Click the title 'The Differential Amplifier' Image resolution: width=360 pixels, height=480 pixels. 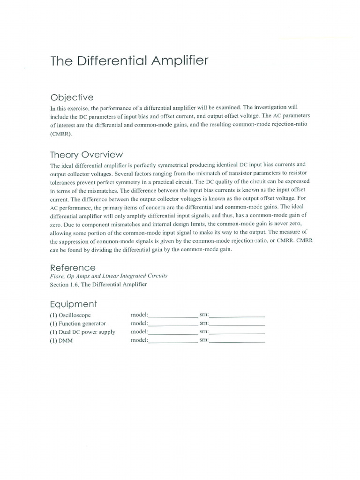pyautogui.click(x=129, y=61)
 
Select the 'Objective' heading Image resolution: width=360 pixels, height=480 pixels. pyautogui.click(x=72, y=97)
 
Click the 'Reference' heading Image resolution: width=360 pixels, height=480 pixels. pyautogui.click(x=73, y=268)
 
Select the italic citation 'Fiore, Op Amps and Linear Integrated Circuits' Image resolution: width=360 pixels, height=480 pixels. pyautogui.click(x=108, y=276)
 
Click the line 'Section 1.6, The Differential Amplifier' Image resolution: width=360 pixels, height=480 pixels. pyautogui.click(x=98, y=285)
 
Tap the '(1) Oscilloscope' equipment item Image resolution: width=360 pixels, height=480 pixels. pyautogui.click(x=71, y=315)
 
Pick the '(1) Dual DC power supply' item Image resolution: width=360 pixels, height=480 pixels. pyautogui.click(x=82, y=332)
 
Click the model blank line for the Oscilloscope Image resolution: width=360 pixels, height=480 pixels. pyautogui.click(x=173, y=316)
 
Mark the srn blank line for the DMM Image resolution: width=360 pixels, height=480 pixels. pyautogui.click(x=237, y=342)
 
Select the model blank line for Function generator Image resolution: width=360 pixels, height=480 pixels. pyautogui.click(x=173, y=324)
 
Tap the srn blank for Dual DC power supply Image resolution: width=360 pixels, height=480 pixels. pyautogui.click(x=237, y=333)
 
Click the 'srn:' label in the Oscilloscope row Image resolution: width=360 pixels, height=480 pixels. pyautogui.click(x=204, y=315)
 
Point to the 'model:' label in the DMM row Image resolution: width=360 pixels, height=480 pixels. pyautogui.click(x=140, y=340)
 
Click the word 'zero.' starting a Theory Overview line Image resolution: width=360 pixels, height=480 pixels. pyautogui.click(x=57, y=225)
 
